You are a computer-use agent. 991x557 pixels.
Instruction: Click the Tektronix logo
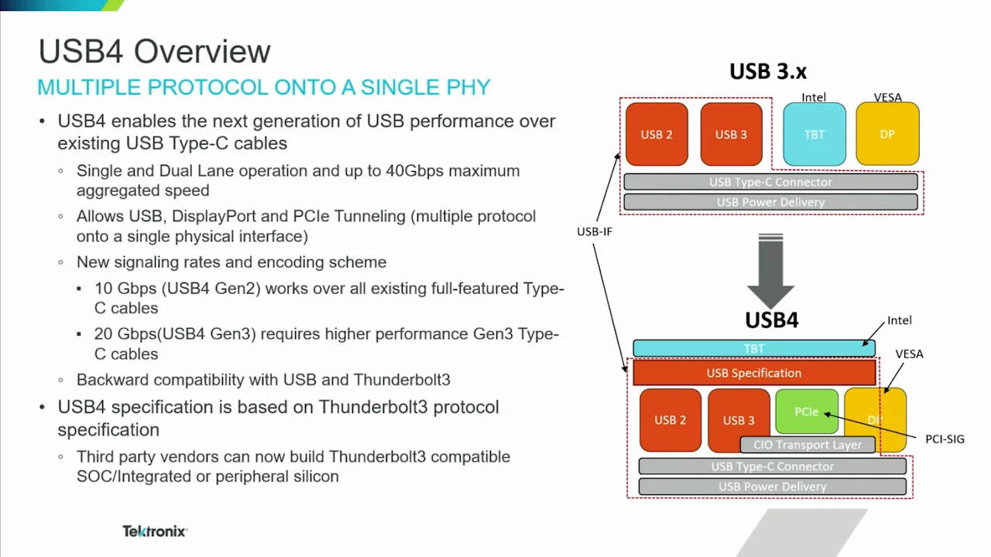click(155, 531)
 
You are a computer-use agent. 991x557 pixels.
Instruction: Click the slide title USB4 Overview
click(154, 52)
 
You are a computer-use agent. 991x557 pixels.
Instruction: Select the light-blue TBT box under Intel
click(814, 134)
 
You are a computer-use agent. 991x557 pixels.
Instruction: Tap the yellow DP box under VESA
click(887, 134)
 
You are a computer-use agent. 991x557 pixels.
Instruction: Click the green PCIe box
click(806, 411)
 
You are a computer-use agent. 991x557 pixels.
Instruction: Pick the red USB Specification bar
click(753, 373)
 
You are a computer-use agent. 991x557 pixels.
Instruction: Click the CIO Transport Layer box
click(807, 445)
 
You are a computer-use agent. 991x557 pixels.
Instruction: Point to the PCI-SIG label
click(945, 439)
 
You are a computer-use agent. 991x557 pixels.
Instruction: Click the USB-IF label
click(595, 231)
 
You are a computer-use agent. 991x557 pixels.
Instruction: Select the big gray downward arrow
click(770, 271)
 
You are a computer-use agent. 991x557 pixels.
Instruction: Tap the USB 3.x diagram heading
click(767, 72)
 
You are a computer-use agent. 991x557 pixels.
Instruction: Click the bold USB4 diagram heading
click(771, 320)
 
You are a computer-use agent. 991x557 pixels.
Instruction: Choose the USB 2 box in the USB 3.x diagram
click(657, 135)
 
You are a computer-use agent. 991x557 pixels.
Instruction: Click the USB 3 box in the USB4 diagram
click(738, 420)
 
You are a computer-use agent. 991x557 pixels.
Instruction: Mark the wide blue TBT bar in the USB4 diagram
click(753, 349)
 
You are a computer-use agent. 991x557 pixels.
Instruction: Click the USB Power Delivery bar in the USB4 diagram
click(772, 487)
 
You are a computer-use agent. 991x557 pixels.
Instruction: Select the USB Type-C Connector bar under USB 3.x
click(770, 182)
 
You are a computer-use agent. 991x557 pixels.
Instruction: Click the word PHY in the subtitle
click(468, 87)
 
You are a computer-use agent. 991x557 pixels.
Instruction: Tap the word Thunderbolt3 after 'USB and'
click(402, 380)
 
